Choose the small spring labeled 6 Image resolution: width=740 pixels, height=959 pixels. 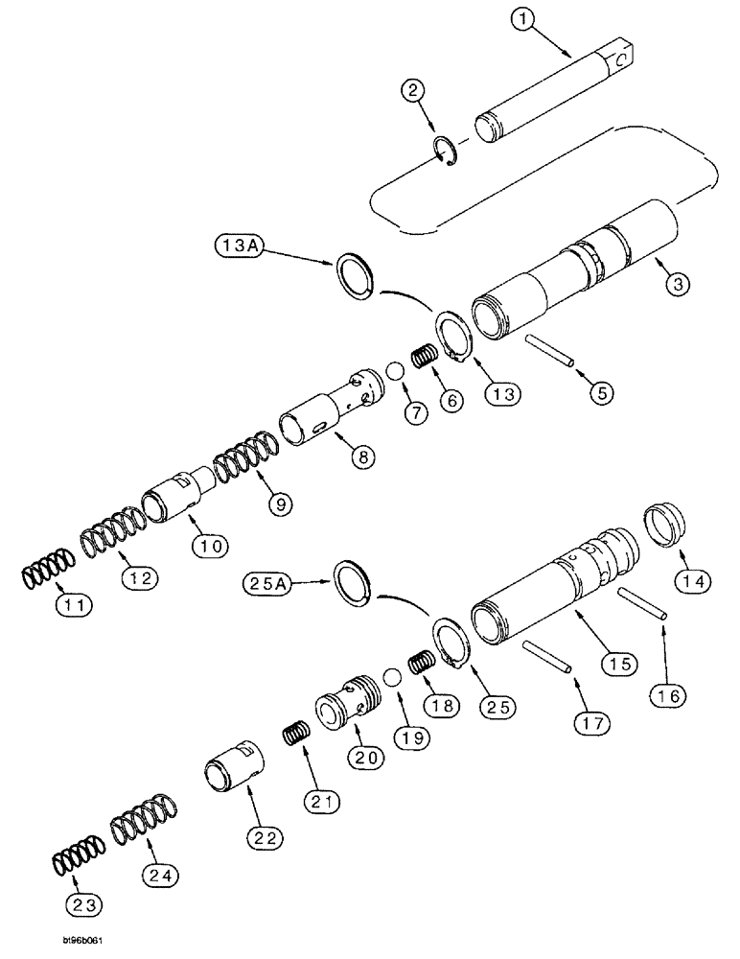(424, 361)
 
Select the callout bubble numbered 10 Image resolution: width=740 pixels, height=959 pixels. (211, 546)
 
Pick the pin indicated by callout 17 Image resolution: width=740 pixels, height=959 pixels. (547, 657)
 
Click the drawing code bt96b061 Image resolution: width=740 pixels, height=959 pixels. (59, 943)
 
